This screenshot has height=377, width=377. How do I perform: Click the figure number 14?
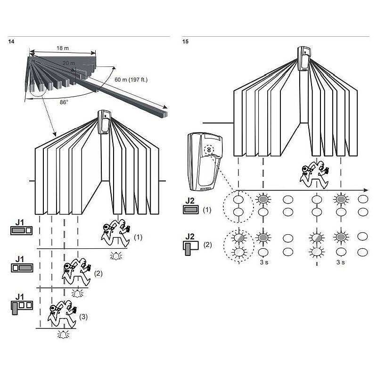coord(11,41)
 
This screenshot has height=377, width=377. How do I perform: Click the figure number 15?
coord(185,41)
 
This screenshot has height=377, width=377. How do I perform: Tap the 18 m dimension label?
coord(63,48)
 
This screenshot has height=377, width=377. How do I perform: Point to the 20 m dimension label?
coord(69,63)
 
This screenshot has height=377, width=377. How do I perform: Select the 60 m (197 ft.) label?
coord(131,80)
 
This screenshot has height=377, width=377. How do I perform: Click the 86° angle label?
coord(64,102)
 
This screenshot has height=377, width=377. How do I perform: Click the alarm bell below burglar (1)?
coord(116,256)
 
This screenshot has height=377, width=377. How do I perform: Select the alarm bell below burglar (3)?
coord(63,335)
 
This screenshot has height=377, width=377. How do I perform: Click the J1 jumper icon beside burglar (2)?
coord(22,268)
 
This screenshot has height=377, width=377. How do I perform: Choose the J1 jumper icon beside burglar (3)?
coord(22,307)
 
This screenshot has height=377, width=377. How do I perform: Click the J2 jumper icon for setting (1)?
coord(191,209)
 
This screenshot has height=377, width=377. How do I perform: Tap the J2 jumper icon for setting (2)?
coord(191,248)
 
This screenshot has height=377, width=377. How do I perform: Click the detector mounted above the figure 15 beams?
coord(304,58)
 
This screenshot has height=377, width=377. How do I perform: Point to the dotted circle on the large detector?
coord(209,150)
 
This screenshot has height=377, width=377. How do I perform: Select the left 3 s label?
coord(264,262)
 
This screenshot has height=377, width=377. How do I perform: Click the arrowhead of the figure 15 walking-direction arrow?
coord(366,190)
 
